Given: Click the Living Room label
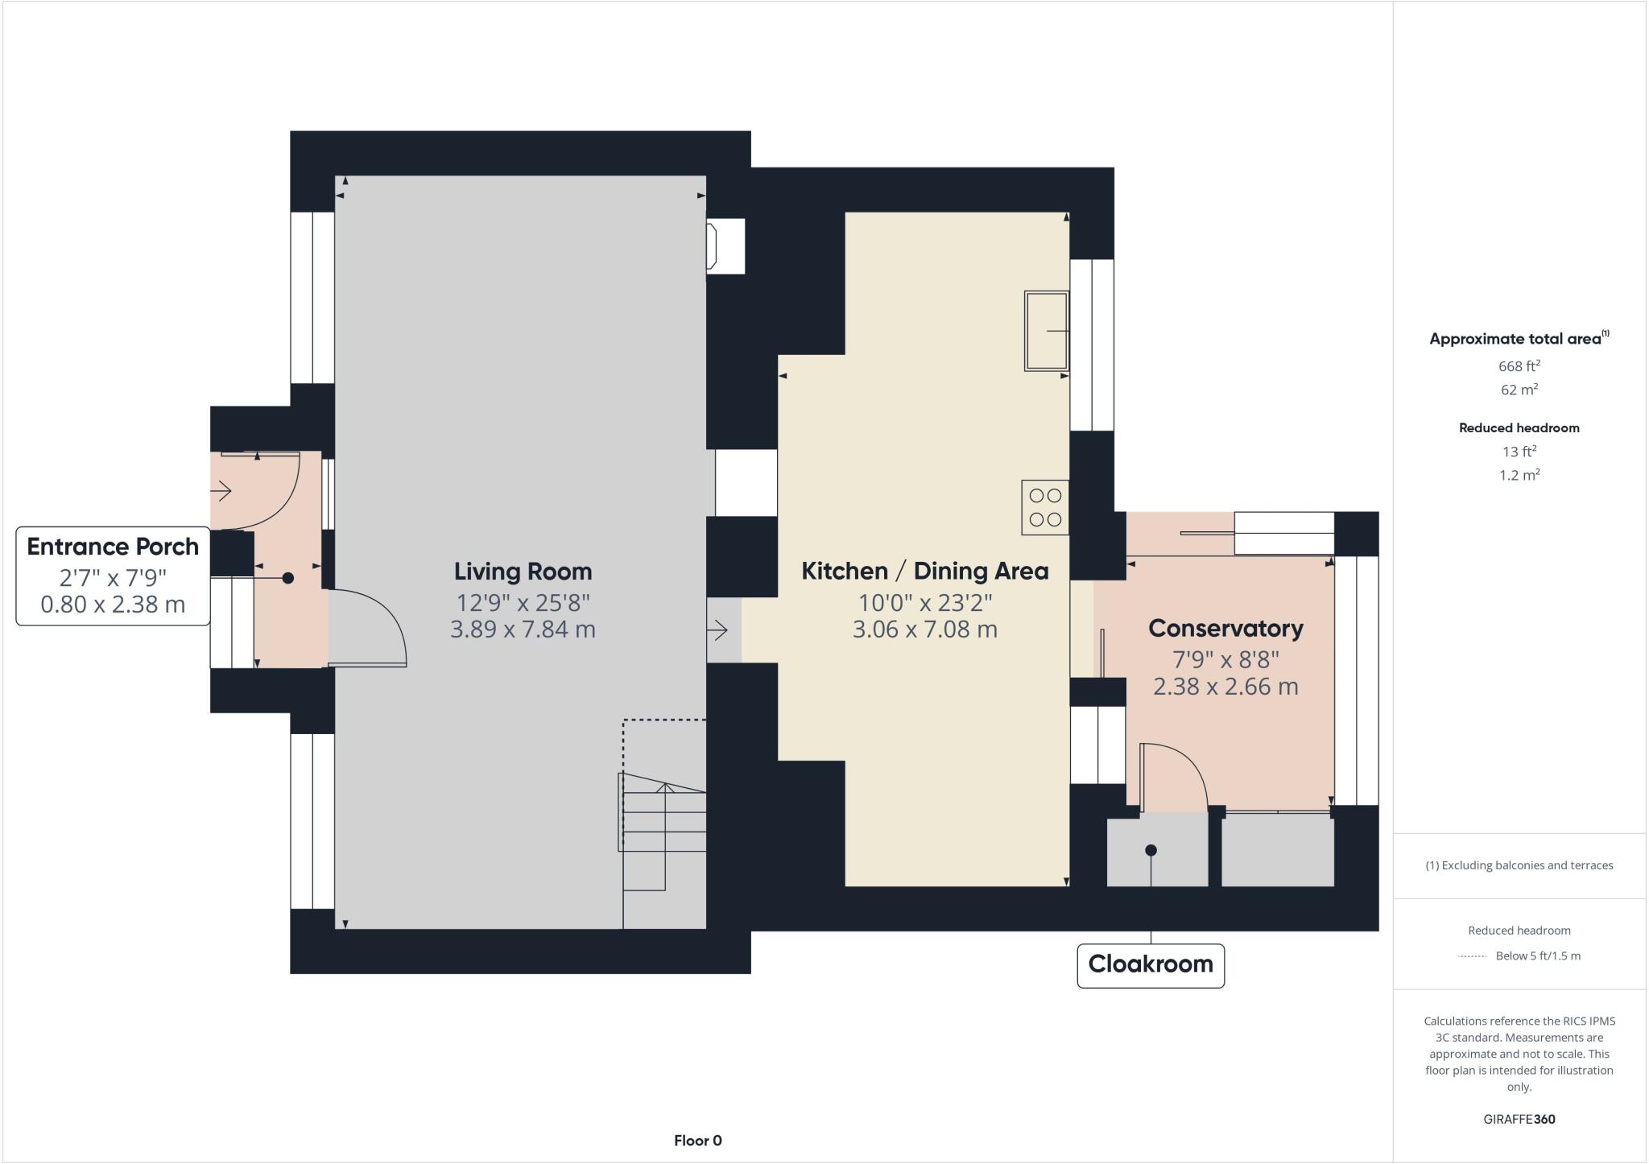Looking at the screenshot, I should click(523, 572).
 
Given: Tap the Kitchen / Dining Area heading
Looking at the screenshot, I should click(924, 572).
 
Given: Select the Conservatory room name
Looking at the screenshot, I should click(1225, 629).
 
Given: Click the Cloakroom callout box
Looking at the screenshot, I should click(1150, 964).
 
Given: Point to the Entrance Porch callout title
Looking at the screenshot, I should click(113, 547).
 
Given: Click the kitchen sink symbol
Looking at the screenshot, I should click(1046, 330).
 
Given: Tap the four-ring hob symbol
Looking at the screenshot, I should click(1045, 507).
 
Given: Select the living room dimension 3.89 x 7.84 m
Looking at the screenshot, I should click(523, 629).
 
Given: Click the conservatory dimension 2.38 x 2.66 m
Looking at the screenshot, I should click(1225, 687).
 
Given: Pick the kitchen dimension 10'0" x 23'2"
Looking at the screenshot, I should click(924, 602).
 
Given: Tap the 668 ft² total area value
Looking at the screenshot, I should click(1519, 366).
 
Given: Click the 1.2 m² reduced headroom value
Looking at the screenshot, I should click(1519, 475).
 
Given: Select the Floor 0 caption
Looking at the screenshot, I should click(697, 1141).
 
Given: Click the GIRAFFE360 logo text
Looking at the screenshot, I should click(1519, 1119).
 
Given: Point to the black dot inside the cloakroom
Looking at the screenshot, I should click(1151, 850).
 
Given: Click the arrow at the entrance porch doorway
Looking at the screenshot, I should click(221, 490).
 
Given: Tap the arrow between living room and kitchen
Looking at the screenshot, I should click(717, 629).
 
